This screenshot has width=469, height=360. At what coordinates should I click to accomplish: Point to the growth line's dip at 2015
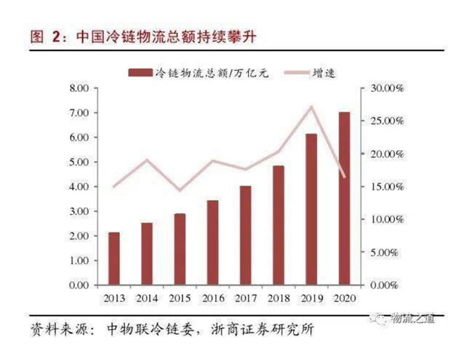pos(179,190)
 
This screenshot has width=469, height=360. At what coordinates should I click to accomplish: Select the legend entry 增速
pos(322,72)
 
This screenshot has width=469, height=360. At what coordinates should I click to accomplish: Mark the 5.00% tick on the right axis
pos(385,253)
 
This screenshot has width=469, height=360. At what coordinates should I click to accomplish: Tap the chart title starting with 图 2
pos(140,35)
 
